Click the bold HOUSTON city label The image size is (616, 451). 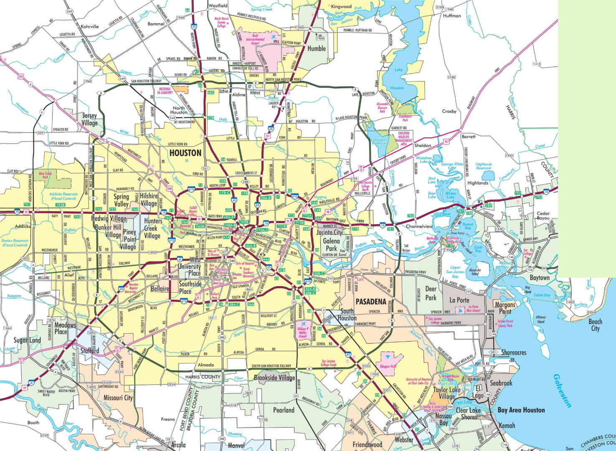click(185, 153)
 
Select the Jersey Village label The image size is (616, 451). click(89, 119)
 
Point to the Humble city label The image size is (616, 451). click(316, 48)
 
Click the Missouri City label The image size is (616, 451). click(118, 398)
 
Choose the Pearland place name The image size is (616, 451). click(284, 410)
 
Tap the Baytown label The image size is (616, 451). click(540, 278)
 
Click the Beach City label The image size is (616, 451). click(595, 325)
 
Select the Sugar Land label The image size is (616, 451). click(27, 340)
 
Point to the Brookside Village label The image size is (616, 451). click(274, 378)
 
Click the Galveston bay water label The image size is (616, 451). click(563, 390)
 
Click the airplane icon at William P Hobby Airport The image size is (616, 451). click(303, 324)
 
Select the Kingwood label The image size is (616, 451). click(341, 7)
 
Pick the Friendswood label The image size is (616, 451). click(367, 445)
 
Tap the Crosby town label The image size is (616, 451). click(449, 111)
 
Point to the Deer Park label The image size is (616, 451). click(431, 292)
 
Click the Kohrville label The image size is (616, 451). click(90, 26)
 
